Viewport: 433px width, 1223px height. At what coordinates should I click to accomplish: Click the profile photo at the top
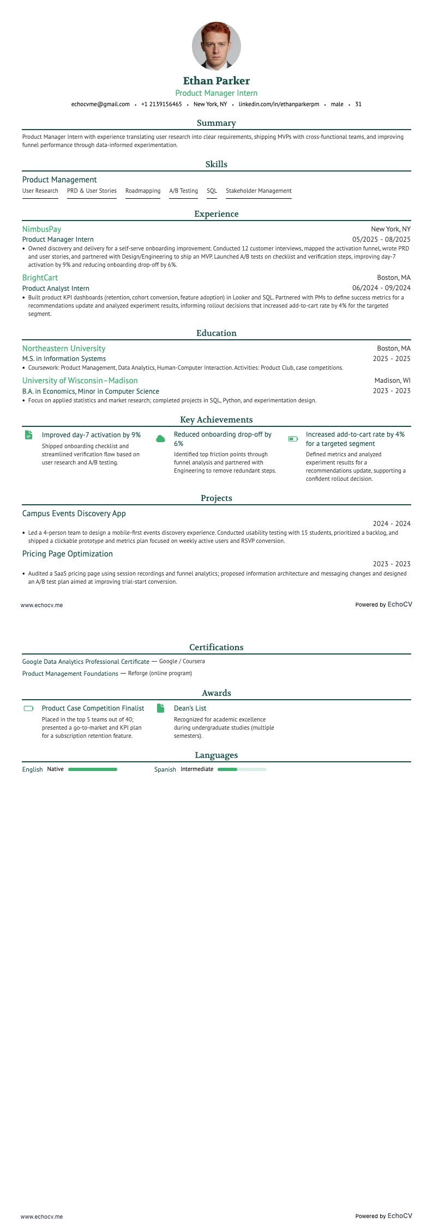point(216,46)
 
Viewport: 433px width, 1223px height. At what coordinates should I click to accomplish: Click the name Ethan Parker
point(216,81)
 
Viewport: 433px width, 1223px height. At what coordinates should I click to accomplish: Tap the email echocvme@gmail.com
point(100,104)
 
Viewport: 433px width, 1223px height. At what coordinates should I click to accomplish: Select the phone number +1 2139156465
point(161,104)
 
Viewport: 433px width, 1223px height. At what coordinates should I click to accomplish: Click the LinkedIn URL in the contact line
point(279,104)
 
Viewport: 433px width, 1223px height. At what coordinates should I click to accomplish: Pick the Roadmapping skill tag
point(143,191)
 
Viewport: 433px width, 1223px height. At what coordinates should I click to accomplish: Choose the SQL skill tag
point(212,191)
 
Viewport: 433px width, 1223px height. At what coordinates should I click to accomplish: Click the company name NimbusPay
point(41,229)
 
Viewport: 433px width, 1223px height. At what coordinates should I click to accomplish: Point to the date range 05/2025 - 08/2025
point(381,239)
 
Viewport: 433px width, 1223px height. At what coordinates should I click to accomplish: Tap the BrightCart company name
point(40,278)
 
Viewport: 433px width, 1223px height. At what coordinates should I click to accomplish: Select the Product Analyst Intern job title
point(56,289)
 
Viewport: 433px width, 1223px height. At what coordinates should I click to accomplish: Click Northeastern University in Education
point(64,348)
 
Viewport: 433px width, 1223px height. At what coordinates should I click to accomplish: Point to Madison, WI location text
point(392,381)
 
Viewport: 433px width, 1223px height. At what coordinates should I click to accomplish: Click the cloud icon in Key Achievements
point(160,439)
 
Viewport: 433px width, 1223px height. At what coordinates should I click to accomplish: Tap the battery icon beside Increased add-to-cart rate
point(293,438)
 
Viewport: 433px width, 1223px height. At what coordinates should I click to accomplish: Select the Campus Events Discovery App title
point(74,513)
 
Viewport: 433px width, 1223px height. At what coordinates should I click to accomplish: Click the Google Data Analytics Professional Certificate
point(86,662)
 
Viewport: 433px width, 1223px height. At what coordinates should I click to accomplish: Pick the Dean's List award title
point(190,708)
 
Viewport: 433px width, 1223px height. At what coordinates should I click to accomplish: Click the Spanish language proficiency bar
point(242,769)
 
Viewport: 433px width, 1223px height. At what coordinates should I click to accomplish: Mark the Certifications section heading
point(216,647)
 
